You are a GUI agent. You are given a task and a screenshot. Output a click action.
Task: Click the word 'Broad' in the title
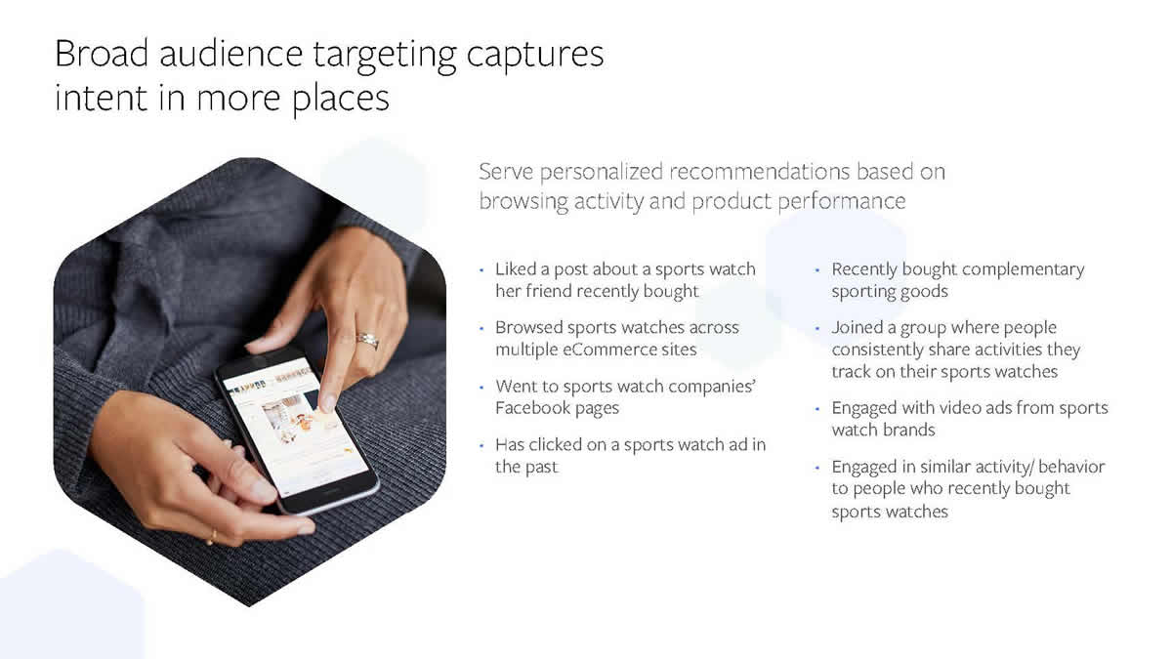click(102, 54)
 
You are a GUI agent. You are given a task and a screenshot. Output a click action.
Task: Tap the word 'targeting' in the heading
click(385, 57)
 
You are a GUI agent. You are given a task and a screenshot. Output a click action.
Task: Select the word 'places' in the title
click(341, 100)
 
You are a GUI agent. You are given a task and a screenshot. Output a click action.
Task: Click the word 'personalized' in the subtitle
click(602, 173)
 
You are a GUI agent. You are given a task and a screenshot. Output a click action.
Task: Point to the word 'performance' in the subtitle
click(841, 202)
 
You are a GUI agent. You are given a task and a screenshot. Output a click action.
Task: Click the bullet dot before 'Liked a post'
click(481, 270)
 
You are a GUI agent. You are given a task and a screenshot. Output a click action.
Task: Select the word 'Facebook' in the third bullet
click(532, 408)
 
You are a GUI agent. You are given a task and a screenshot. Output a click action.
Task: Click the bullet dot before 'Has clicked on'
click(481, 446)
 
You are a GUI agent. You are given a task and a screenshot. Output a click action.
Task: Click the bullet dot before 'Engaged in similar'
click(817, 468)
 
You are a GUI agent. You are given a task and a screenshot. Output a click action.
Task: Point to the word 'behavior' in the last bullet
click(1071, 467)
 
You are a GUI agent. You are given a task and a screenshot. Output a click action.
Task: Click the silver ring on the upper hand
click(368, 341)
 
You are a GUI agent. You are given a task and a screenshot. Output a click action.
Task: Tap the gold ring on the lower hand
click(213, 537)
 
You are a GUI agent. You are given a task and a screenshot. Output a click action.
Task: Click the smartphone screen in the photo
click(295, 429)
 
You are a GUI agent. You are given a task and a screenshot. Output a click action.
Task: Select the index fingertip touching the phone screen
click(328, 402)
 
